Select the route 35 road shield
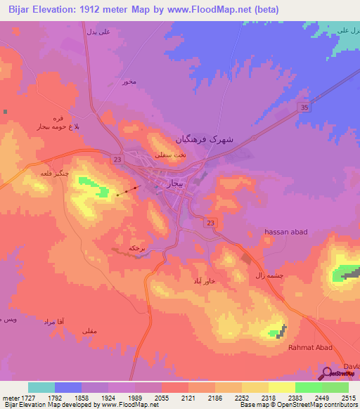coord(304,107)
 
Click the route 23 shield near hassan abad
coord(211,223)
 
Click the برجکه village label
coord(136,248)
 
